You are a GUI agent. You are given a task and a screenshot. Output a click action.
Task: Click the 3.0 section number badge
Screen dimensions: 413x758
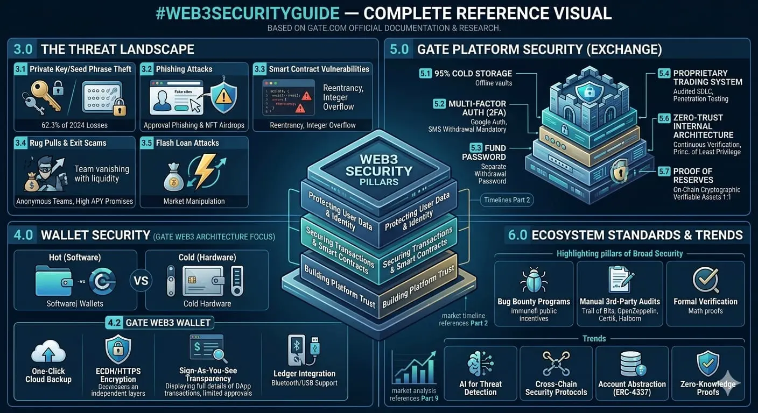pyautogui.click(x=23, y=49)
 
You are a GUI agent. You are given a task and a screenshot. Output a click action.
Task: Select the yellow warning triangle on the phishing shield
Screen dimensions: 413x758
pyautogui.click(x=222, y=96)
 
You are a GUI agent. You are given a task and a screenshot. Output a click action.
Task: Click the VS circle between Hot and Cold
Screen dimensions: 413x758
pyautogui.click(x=141, y=280)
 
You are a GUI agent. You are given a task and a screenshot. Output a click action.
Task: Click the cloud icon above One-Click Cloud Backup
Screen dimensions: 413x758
pyautogui.click(x=48, y=352)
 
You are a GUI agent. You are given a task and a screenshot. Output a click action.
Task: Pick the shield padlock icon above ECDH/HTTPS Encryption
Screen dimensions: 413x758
pyautogui.click(x=118, y=350)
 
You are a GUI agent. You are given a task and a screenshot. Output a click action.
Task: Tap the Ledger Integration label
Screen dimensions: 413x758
pyautogui.click(x=304, y=373)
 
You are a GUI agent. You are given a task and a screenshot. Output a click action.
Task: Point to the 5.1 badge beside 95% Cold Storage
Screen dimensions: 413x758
pyautogui.click(x=425, y=74)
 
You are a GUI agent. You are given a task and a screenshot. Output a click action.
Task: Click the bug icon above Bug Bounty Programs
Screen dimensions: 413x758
pyautogui.click(x=534, y=280)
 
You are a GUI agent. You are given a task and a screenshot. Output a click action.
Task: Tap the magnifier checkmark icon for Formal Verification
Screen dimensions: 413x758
pyautogui.click(x=705, y=280)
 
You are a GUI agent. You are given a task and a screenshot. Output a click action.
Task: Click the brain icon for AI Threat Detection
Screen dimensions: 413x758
pyautogui.click(x=480, y=363)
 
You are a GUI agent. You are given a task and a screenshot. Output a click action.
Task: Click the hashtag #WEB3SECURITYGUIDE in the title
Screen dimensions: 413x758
pyautogui.click(x=248, y=13)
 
